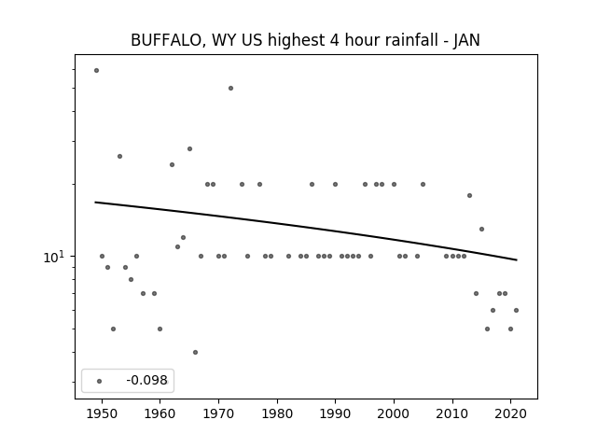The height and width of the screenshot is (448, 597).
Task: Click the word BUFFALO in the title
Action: click(166, 40)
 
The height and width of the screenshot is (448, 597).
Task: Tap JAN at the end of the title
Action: click(466, 40)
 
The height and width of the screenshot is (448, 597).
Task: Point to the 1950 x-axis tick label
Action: click(102, 413)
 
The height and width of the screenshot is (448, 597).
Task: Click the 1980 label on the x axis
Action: click(277, 413)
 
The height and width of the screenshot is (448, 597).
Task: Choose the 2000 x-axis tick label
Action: click(394, 413)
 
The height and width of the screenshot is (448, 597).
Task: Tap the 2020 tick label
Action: click(510, 413)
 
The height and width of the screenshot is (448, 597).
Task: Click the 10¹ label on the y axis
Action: click(54, 258)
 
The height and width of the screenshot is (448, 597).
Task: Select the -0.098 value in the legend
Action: click(146, 380)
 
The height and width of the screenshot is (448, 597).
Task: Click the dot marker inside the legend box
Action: click(100, 381)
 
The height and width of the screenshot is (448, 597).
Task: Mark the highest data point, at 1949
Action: click(96, 71)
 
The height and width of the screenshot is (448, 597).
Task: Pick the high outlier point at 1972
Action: click(230, 88)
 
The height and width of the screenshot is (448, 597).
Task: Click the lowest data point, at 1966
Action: click(195, 353)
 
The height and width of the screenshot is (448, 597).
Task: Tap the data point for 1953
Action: click(119, 156)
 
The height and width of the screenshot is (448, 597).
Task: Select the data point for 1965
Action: click(189, 148)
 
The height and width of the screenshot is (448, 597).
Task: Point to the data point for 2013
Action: click(469, 195)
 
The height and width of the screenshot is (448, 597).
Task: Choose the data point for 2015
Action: click(481, 229)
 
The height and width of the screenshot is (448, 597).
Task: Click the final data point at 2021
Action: click(516, 310)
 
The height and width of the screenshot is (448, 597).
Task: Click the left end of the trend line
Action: click(95, 202)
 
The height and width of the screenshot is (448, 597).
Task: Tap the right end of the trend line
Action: click(517, 259)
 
